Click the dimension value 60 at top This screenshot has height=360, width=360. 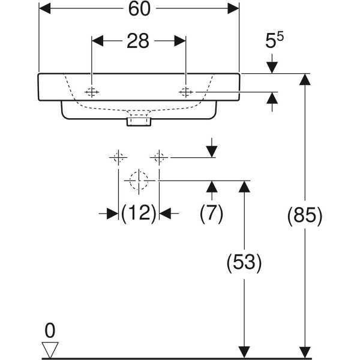139,10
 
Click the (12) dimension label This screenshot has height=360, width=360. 139,213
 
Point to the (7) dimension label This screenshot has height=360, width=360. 211,213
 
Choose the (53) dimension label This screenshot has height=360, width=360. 244,262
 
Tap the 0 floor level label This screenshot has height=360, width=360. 50,329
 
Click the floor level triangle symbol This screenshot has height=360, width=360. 50,349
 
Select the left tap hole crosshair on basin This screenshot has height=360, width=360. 92,91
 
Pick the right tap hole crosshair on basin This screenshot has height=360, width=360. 185,91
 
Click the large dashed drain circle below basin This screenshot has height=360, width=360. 139,179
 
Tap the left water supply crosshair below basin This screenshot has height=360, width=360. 118,158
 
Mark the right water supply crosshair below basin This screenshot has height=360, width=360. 158,158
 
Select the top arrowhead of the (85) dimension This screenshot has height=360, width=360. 305,79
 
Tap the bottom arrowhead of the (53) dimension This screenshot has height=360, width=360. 244,352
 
